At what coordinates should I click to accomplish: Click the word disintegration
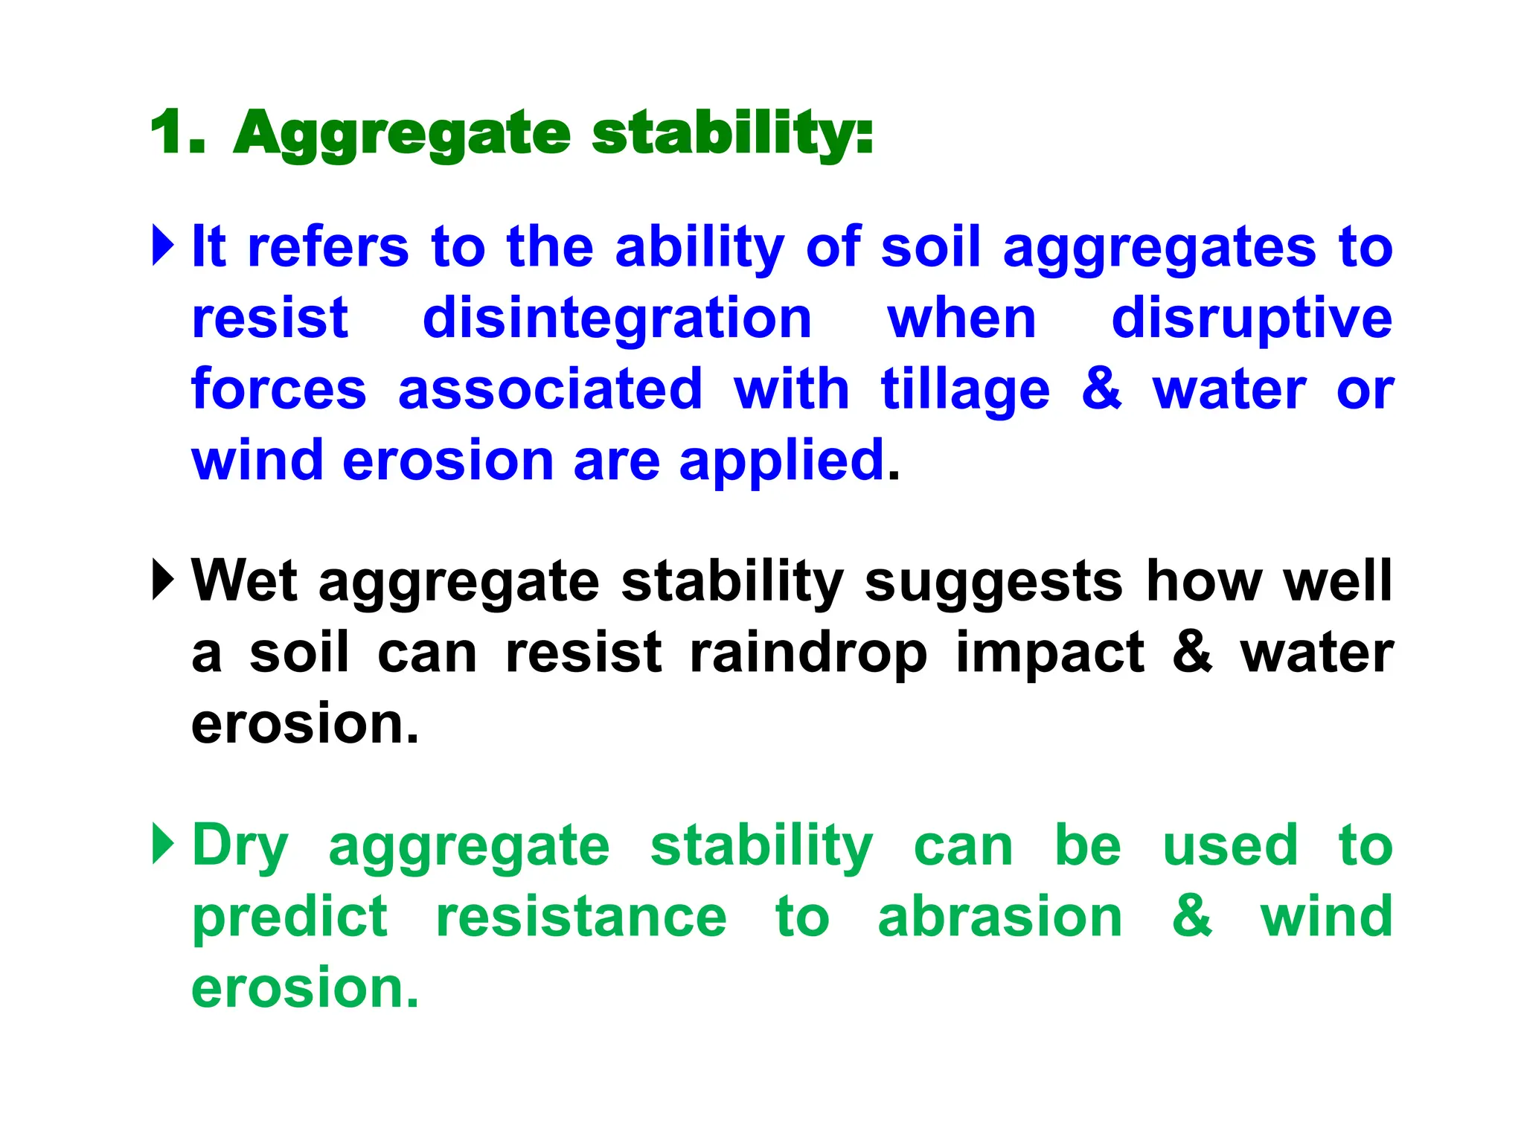click(617, 318)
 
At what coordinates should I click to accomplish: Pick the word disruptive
click(1252, 318)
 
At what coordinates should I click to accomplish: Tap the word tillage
click(964, 390)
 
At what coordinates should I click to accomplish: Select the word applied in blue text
click(781, 461)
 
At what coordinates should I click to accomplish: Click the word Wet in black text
click(244, 580)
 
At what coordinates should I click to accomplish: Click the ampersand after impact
click(1192, 652)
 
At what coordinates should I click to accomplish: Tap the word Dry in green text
click(240, 847)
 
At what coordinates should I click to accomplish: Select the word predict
click(289, 917)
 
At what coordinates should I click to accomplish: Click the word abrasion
click(999, 917)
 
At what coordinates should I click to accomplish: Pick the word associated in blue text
click(550, 390)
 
